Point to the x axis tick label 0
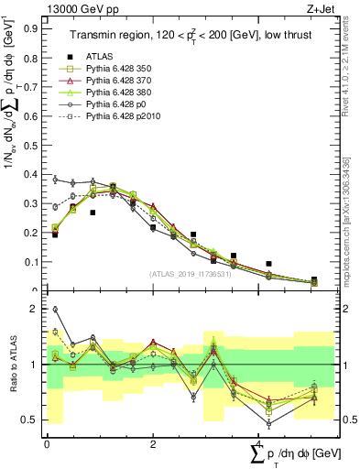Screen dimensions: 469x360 coord(47,444)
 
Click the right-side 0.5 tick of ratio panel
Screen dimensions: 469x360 coord(348,420)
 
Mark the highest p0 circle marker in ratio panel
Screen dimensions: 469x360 coord(55,310)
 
